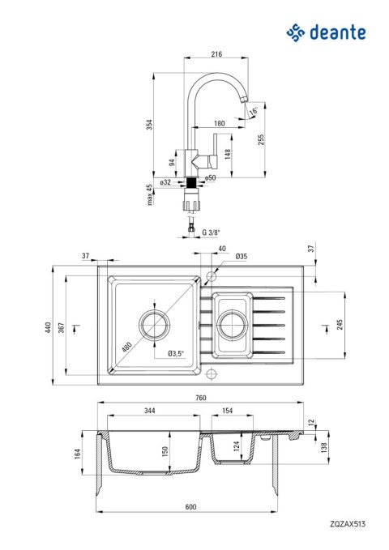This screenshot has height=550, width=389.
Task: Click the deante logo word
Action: click(x=337, y=32)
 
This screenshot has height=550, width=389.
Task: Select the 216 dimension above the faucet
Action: click(x=216, y=54)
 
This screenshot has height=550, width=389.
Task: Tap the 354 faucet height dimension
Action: click(x=150, y=125)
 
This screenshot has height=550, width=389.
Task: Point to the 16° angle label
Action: click(x=254, y=111)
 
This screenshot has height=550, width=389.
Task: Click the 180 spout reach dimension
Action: click(x=219, y=123)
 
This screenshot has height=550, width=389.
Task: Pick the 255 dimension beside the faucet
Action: click(x=260, y=139)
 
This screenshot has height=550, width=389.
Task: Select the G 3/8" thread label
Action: click(x=211, y=232)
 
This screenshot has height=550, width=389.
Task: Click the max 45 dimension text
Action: click(x=150, y=195)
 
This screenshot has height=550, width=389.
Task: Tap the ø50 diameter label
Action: click(x=210, y=178)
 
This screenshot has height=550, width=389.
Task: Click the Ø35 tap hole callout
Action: click(x=242, y=257)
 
